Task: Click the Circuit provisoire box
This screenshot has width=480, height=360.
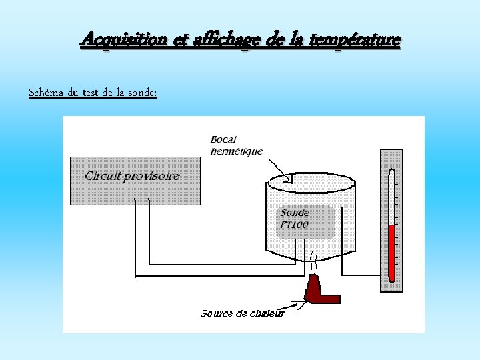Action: (135, 180)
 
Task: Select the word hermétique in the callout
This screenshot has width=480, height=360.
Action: (236, 151)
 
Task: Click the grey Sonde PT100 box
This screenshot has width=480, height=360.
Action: (306, 222)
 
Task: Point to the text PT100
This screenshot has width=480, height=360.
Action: (295, 225)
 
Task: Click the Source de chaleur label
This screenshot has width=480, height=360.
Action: (243, 313)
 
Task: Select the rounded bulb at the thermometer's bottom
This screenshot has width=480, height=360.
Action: (392, 277)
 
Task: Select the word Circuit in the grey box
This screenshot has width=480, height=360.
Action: (103, 176)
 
